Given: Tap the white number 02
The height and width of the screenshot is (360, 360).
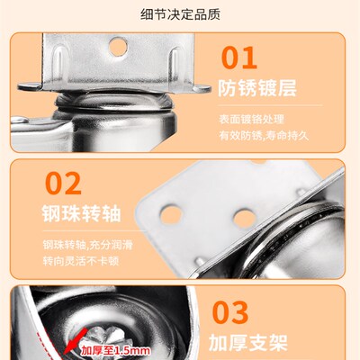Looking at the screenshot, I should click(x=64, y=184).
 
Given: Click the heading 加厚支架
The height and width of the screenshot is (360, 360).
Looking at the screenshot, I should click(x=254, y=343).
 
